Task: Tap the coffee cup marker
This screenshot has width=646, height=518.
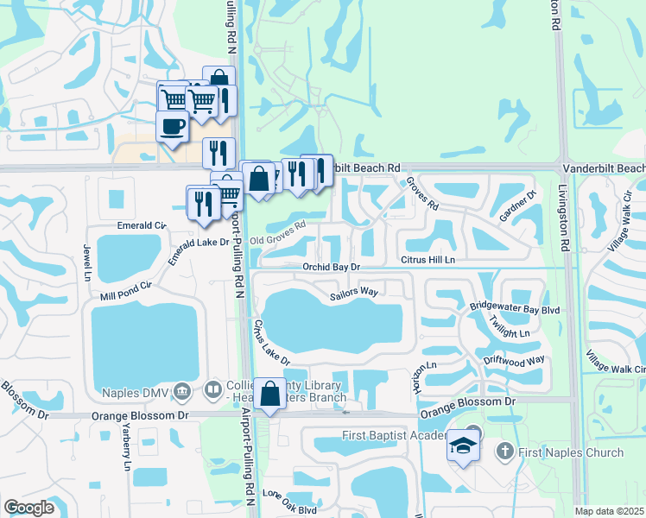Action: coord(173,127)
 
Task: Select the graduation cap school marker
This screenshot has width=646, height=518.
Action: coord(463,446)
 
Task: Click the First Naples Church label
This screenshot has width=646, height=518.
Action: coord(572,452)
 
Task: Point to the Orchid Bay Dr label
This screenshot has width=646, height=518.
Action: coord(336,268)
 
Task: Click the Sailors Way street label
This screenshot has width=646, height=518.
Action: coord(354,294)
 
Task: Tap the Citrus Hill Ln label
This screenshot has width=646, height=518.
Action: coord(427,259)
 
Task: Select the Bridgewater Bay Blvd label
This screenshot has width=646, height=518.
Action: coord(515,307)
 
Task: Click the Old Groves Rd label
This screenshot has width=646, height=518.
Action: coord(278,232)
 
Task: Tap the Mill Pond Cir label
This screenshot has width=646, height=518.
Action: coord(126,290)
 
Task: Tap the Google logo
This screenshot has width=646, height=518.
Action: coord(28,508)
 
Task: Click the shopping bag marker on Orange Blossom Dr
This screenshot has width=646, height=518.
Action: coord(270,394)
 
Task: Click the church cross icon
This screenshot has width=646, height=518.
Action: coord(505,452)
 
